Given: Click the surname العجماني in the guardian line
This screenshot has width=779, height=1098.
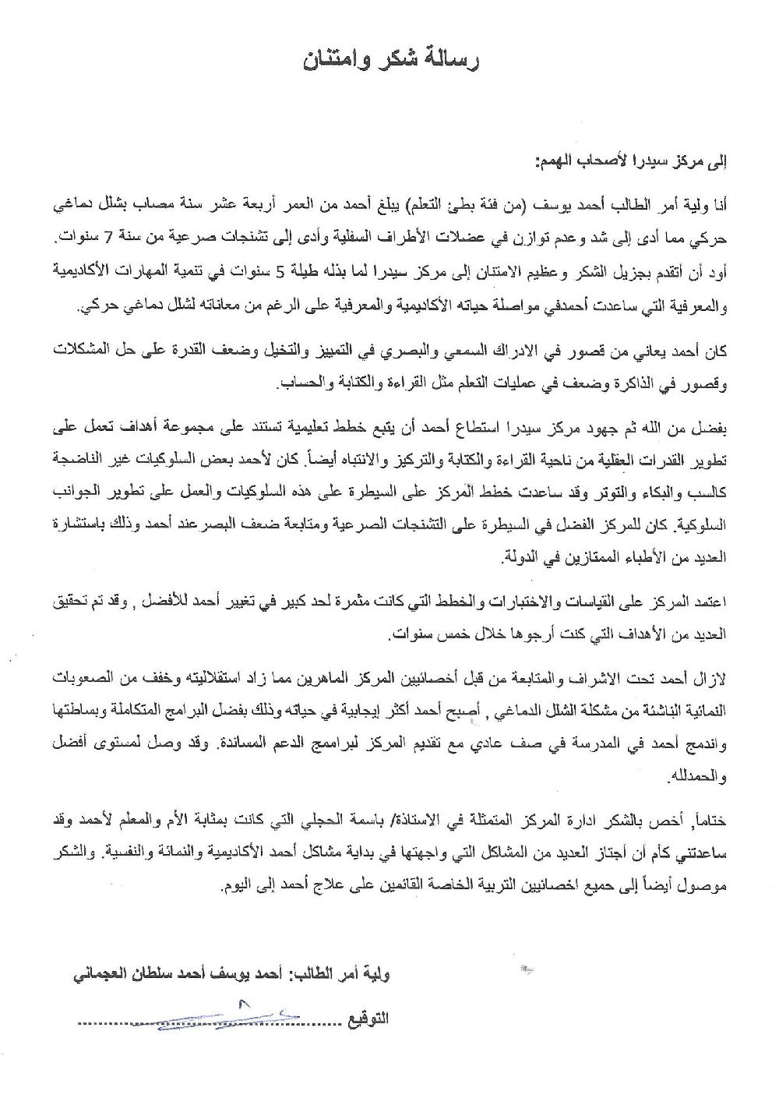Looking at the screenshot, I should (100, 975).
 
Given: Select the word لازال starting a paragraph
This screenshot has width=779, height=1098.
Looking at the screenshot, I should (708, 676).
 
